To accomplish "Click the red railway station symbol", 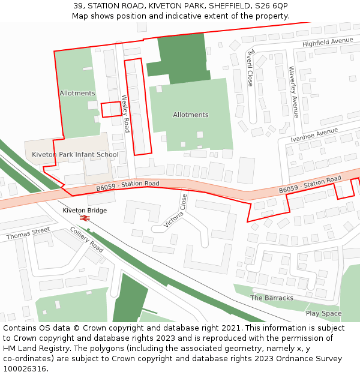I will (x=85, y=218).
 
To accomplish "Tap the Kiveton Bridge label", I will (x=85, y=211).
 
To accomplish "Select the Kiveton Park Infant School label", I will (x=75, y=155).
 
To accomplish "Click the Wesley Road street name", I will (x=125, y=113).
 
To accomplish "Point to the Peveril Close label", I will (x=250, y=67).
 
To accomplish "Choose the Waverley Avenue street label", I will (x=293, y=91).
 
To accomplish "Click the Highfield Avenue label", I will (x=328, y=42).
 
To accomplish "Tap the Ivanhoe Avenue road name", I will (x=314, y=134).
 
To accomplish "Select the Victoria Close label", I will (x=174, y=211).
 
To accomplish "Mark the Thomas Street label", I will (x=28, y=233).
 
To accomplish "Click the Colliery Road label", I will (x=86, y=239).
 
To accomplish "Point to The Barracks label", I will (x=272, y=298).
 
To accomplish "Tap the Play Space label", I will (x=323, y=313).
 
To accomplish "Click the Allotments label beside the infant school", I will (x=77, y=93).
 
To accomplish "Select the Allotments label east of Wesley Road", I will (x=190, y=115).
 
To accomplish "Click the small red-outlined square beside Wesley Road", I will (x=111, y=109).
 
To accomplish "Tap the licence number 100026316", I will (x=25, y=368).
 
